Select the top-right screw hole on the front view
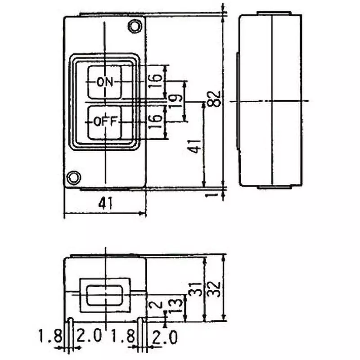click(x=134, y=26)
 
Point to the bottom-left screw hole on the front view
click(x=73, y=177)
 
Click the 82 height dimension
click(x=216, y=99)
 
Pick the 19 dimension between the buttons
click(x=177, y=100)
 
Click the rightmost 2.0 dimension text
click(x=165, y=337)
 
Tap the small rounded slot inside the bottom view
click(x=105, y=296)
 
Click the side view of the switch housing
click(x=270, y=100)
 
